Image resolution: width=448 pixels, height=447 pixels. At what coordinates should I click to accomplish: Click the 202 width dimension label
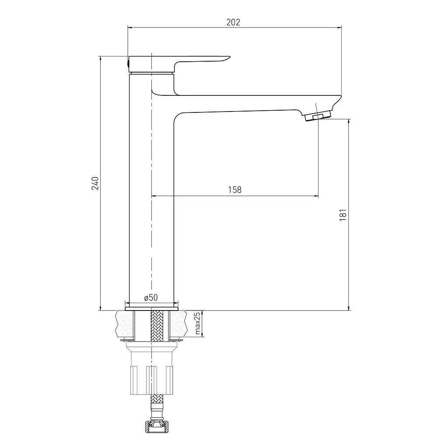[233, 22]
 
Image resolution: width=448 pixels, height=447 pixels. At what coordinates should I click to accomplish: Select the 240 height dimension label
[95, 183]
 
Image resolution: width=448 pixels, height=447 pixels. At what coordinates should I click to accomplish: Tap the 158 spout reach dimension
[234, 190]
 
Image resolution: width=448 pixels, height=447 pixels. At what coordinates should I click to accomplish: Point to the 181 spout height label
[343, 215]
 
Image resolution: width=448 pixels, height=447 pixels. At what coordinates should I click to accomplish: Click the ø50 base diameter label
[151, 297]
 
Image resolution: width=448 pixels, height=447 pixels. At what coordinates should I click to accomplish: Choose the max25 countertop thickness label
[197, 323]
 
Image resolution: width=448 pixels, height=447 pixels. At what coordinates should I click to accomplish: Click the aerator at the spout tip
[318, 115]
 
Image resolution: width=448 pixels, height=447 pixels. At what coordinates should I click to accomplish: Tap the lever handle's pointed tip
[229, 57]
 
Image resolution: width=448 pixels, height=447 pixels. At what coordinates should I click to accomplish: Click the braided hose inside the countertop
[156, 325]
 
